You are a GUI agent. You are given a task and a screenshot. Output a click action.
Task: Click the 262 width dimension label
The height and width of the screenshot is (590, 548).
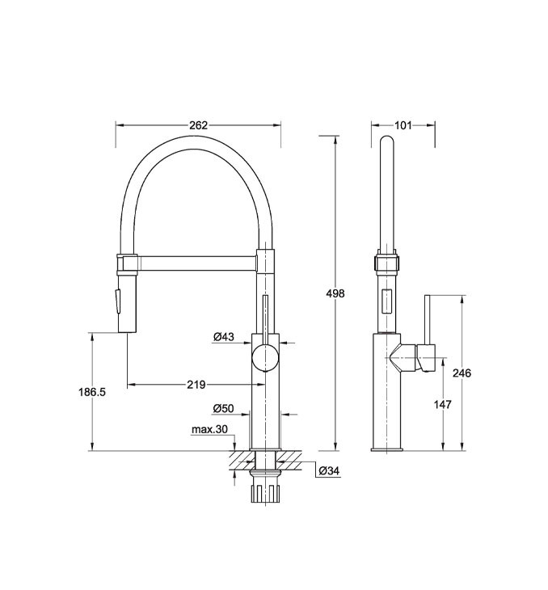[198, 125]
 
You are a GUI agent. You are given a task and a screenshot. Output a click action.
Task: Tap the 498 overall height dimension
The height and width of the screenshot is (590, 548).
[335, 293]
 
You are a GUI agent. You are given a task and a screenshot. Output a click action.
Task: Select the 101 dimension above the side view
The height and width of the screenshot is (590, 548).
[403, 125]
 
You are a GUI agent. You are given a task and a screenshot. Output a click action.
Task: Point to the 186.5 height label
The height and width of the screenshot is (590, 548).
[92, 392]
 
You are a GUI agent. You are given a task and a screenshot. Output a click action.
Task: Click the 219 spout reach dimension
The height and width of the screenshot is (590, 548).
[196, 385]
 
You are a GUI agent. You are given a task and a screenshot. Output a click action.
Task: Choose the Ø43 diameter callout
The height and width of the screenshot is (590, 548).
[224, 337]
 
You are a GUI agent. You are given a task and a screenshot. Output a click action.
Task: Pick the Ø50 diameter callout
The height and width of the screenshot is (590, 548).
[224, 408]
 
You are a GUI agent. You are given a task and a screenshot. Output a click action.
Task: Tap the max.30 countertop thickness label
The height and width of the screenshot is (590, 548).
[209, 429]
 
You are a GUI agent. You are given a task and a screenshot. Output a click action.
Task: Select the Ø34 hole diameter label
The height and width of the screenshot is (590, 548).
[329, 470]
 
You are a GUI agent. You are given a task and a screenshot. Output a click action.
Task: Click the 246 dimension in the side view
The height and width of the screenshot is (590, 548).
[462, 373]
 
